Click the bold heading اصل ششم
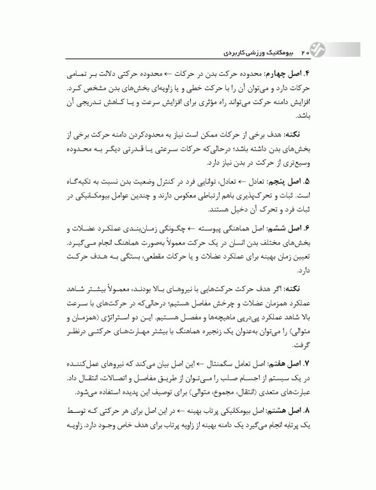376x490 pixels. click(x=291, y=228)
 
